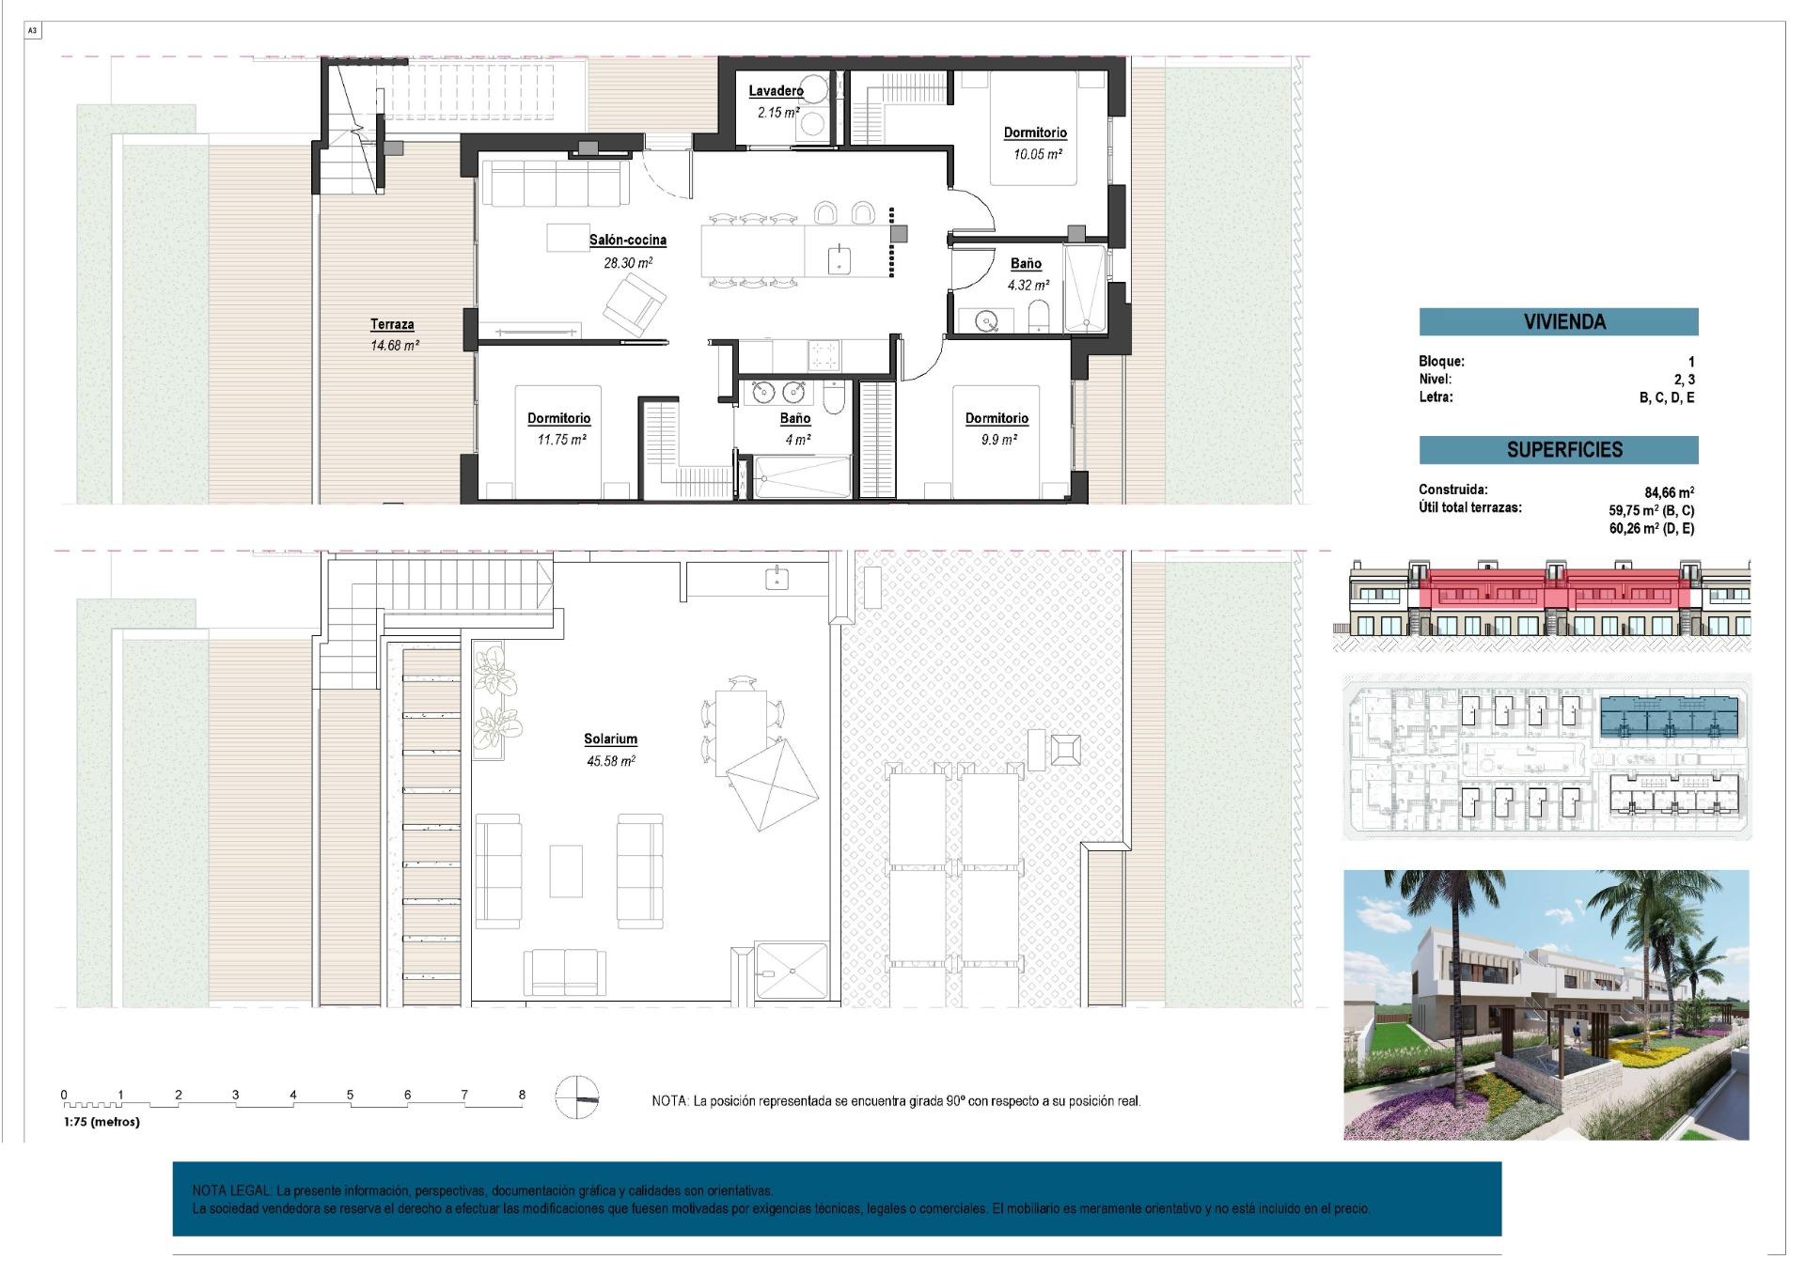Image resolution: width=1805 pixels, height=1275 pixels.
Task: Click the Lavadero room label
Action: coord(776,91)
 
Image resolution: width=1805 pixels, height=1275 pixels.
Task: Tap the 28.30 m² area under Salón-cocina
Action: coord(627,263)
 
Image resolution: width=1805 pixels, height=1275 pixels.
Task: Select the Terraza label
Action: coord(392,324)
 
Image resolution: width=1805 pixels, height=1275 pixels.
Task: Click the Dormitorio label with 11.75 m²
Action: coord(558,418)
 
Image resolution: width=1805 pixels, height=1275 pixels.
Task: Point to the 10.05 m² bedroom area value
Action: coord(1036,154)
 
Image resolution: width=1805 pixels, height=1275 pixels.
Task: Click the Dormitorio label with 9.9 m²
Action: coord(997,418)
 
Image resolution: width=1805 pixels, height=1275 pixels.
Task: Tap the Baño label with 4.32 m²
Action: coord(1026,264)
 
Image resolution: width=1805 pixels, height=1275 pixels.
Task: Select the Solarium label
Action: coord(610,739)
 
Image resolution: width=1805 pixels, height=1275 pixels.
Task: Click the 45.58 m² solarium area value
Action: coord(610,761)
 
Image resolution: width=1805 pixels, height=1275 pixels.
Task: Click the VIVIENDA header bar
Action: coord(1558,321)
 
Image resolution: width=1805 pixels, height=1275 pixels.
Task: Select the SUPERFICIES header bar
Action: coord(1558,449)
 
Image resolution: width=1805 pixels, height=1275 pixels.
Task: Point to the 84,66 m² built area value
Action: coord(1669,492)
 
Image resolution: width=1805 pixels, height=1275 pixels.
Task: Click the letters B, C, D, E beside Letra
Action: coord(1666,397)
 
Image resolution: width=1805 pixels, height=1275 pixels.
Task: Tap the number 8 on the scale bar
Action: coord(522,1095)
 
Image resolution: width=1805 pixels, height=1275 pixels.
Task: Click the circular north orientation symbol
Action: coord(576,1097)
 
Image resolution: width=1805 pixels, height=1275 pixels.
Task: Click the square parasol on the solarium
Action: coord(772,784)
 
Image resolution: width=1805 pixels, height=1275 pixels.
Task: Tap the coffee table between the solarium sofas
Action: coord(565,871)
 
